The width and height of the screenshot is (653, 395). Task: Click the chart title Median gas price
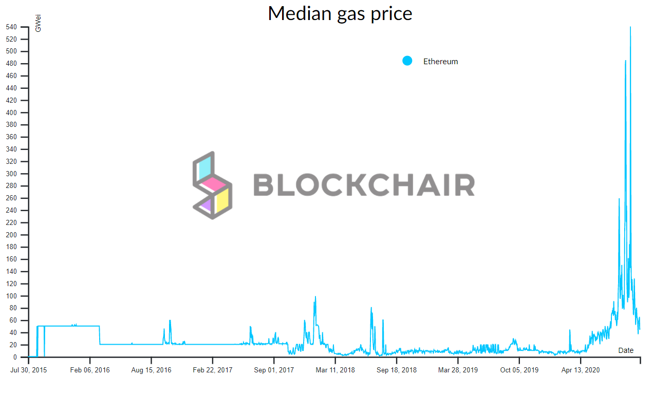pos(340,13)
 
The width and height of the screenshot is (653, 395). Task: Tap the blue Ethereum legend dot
pos(407,61)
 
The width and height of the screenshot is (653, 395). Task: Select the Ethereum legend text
pos(440,62)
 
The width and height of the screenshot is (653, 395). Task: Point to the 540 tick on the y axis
pos(11,27)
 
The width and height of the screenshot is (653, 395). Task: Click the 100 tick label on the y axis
pos(11,296)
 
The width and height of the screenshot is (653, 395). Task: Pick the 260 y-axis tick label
pos(11,198)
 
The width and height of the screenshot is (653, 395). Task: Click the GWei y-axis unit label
pos(38,24)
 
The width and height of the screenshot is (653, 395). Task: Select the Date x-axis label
pos(625,350)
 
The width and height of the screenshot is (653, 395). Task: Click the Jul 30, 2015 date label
pos(29,370)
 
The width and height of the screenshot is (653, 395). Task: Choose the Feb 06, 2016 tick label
pos(90,370)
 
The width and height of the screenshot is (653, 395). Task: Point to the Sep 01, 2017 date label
pos(274,370)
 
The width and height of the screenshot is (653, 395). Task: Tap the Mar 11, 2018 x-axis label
pos(335,370)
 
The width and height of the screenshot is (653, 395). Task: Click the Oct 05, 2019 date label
pos(519,370)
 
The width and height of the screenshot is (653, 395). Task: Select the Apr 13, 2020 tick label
pos(580,370)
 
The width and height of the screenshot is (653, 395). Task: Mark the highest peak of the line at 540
pos(630,27)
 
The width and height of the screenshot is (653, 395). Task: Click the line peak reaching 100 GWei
pos(315,296)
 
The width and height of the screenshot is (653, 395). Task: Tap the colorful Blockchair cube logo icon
pos(212,185)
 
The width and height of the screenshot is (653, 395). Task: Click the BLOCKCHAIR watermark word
pos(364,185)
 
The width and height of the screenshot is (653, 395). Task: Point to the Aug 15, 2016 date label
pos(152,370)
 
